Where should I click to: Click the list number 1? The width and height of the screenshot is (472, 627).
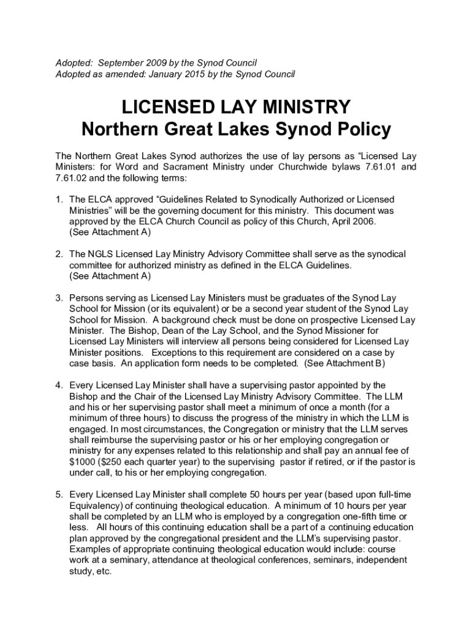(x=59, y=200)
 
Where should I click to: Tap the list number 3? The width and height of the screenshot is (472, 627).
(x=59, y=298)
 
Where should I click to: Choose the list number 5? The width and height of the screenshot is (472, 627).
(x=59, y=494)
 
